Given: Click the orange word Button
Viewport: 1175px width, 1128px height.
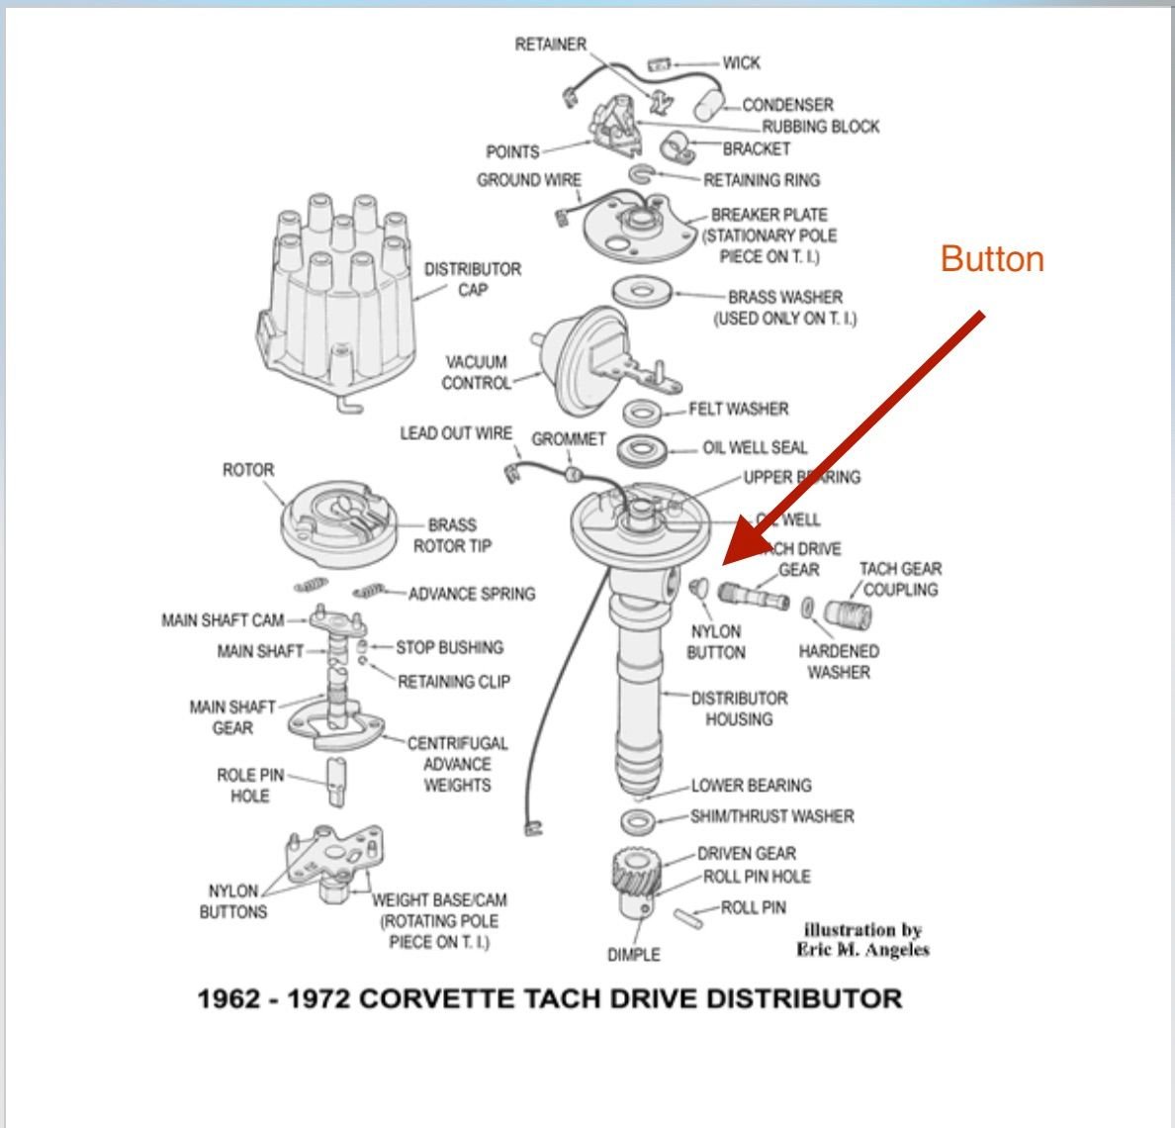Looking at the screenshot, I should pos(992,259).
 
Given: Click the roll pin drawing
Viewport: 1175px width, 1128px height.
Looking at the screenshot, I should pos(692,915).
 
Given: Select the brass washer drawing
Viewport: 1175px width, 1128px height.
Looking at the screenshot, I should pos(643,293).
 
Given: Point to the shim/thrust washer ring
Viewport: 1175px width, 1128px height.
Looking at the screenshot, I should pos(638,820).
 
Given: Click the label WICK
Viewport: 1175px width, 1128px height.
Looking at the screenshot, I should pos(741,63).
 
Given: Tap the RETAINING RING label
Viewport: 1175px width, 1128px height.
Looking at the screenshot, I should pos(761,180).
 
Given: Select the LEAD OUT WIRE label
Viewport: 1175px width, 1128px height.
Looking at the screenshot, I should pos(456,433).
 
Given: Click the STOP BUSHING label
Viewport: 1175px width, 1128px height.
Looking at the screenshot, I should pos(449,648).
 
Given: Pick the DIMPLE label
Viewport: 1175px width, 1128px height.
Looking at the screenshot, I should pos(634,955).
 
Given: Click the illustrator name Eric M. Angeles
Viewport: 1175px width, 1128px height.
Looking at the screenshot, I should pos(862,950).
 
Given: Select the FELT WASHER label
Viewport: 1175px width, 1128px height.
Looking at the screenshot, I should pos(738,409).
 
